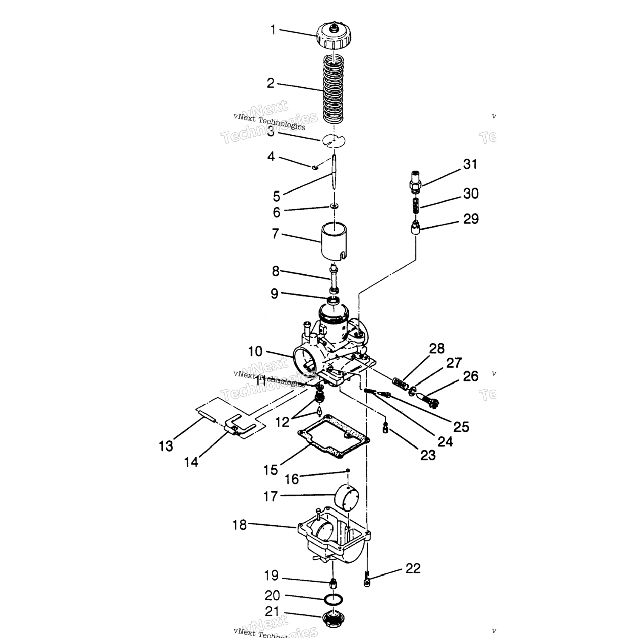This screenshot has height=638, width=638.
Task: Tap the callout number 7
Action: tap(275, 234)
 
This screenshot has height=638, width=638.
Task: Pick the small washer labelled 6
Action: tap(335, 206)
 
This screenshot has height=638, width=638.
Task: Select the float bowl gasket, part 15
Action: tap(334, 438)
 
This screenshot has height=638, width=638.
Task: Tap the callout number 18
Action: tap(239, 525)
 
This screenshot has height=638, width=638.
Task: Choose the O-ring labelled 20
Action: tap(333, 599)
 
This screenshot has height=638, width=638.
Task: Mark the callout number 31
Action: tap(470, 164)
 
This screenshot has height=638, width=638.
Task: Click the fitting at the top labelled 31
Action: tap(415, 181)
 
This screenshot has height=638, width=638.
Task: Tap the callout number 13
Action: tap(166, 446)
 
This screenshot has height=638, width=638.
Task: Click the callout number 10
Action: tap(255, 351)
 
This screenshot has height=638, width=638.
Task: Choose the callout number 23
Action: tap(428, 455)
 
